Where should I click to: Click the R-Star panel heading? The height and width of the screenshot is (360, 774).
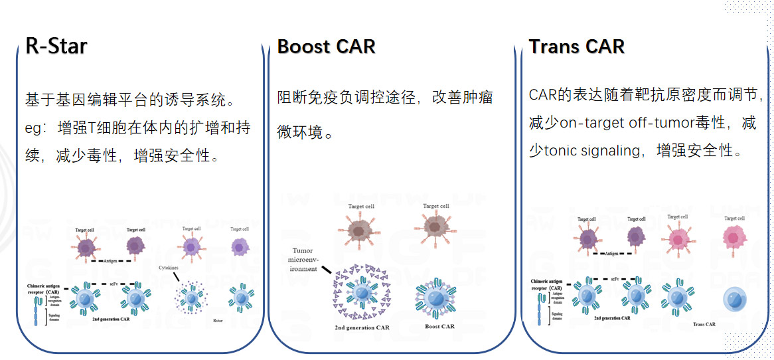tap(56, 46)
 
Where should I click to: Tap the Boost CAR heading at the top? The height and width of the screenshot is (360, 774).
tap(326, 47)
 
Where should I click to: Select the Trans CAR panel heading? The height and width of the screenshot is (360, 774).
tap(576, 47)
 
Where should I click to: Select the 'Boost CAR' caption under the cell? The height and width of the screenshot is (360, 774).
tap(439, 326)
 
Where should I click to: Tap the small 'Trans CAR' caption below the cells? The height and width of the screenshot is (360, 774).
tap(704, 324)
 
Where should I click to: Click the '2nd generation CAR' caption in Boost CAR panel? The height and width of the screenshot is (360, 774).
tap(362, 327)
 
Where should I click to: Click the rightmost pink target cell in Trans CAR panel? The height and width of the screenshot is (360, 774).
tap(734, 237)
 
